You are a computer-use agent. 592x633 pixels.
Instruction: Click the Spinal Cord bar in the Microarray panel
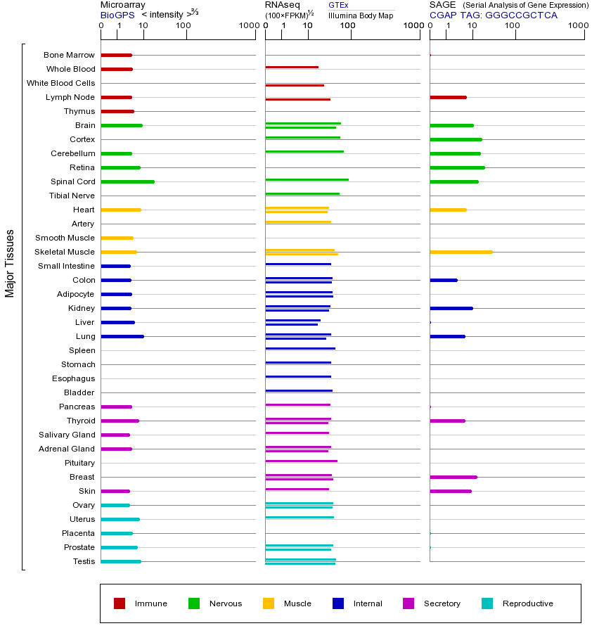click(127, 181)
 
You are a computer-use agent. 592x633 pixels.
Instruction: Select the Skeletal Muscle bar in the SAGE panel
click(461, 252)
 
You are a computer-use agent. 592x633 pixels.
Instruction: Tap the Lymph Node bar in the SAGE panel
click(448, 97)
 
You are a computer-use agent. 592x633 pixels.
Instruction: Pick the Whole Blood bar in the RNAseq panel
click(292, 67)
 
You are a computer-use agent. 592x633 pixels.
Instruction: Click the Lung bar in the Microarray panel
click(122, 336)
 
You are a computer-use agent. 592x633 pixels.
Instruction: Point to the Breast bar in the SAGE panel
click(453, 477)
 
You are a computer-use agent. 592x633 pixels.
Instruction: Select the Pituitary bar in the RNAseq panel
click(301, 461)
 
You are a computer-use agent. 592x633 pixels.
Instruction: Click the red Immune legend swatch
click(120, 603)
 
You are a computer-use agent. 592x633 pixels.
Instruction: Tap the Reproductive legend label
click(527, 603)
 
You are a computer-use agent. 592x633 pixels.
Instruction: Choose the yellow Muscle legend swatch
click(269, 603)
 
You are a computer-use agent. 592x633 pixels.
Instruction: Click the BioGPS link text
click(117, 15)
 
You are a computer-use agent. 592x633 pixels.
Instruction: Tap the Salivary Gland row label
click(67, 435)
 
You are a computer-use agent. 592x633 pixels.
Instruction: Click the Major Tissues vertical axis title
click(10, 263)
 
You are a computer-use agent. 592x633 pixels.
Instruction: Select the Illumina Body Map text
click(361, 15)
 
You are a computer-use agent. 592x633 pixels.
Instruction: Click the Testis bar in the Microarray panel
click(121, 561)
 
